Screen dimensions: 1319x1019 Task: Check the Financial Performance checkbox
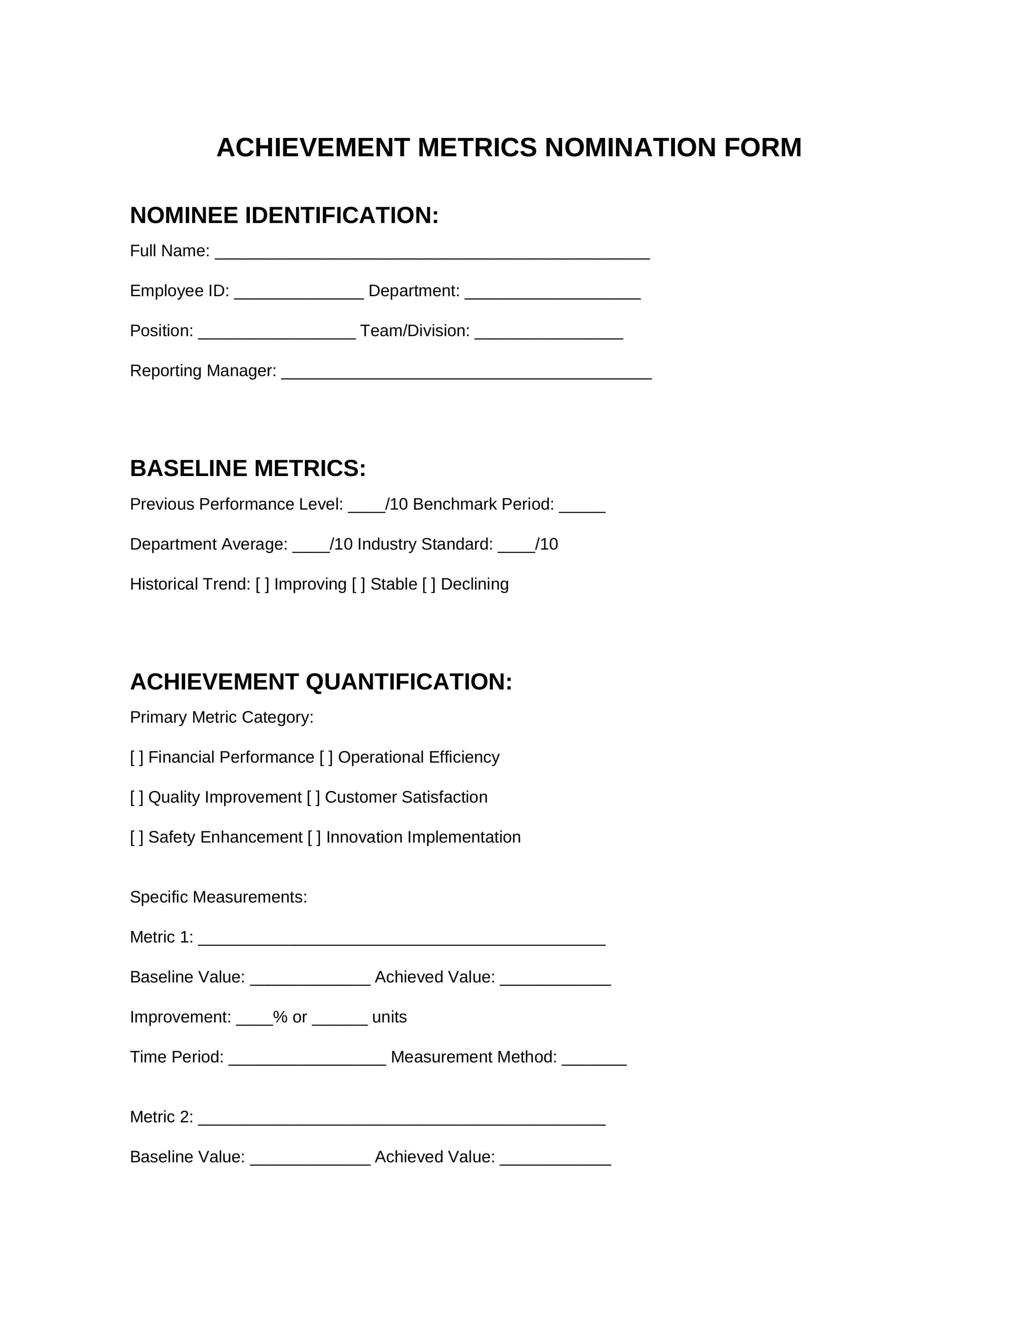[137, 757]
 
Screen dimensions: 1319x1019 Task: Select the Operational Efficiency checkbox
[326, 757]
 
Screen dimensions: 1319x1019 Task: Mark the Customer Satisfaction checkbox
[313, 797]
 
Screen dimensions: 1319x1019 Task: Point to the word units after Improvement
[389, 1018]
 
